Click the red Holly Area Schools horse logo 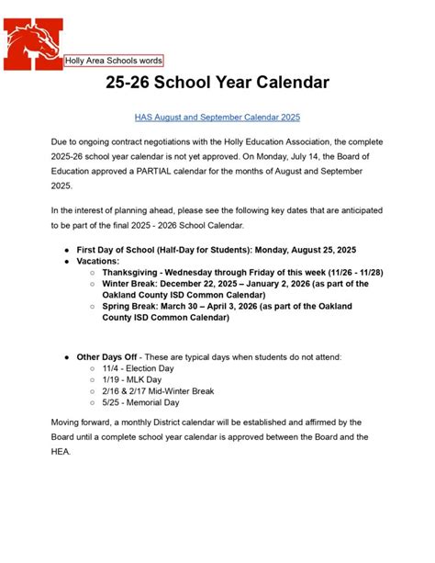coord(30,36)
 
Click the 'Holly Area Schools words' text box coord(114,61)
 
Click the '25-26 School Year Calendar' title coord(217,84)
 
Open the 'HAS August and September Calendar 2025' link coord(217,118)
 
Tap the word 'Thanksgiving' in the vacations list coord(129,273)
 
